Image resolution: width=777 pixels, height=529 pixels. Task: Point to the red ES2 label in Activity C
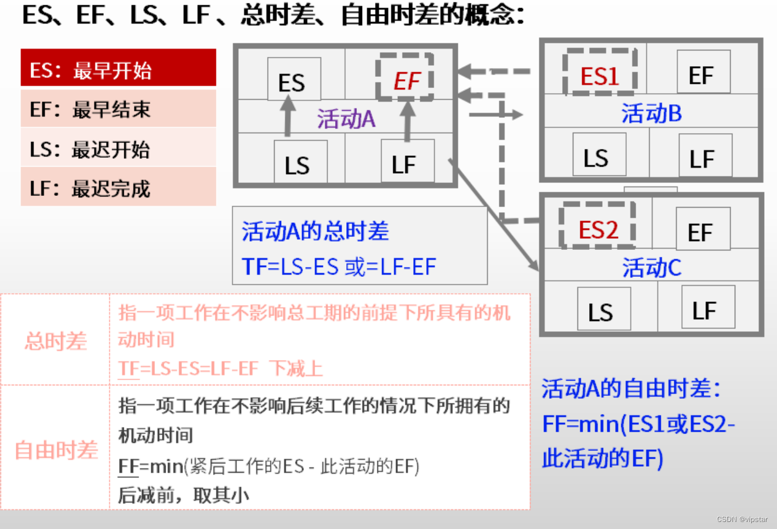[598, 228]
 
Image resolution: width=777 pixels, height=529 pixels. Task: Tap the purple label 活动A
[346, 119]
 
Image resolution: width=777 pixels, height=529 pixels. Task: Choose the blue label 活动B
[651, 113]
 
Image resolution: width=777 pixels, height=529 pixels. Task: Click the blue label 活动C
[651, 267]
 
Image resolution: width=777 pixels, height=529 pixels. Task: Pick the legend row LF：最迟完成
[119, 187]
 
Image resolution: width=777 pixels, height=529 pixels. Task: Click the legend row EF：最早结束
[119, 108]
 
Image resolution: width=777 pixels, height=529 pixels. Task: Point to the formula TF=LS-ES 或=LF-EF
[339, 267]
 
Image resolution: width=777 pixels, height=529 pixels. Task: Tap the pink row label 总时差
[56, 341]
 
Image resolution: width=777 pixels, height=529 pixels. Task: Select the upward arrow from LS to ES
[288, 116]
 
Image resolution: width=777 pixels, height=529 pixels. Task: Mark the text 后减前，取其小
[184, 496]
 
